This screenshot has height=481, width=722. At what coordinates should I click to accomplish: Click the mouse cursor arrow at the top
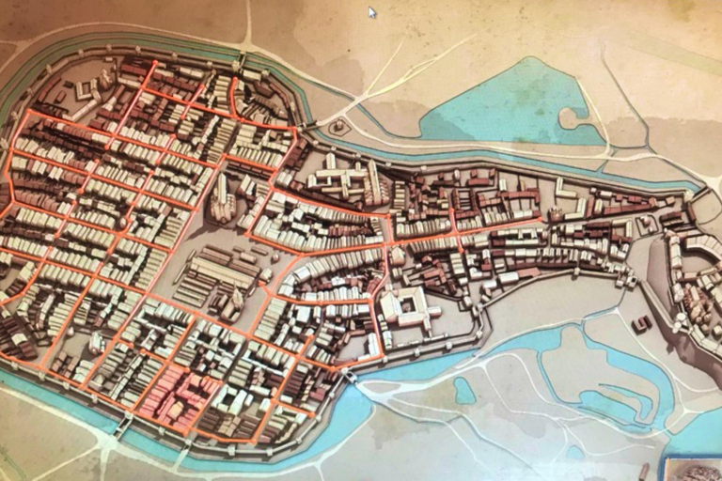(372, 12)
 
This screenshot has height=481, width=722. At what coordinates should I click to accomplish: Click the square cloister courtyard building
(405, 307)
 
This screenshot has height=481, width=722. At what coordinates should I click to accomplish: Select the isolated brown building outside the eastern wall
(642, 324)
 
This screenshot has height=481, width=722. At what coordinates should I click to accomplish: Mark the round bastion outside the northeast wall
(336, 126)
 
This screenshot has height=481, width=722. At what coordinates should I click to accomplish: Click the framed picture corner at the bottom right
(691, 469)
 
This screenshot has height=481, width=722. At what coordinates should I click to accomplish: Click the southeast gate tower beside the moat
(350, 375)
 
